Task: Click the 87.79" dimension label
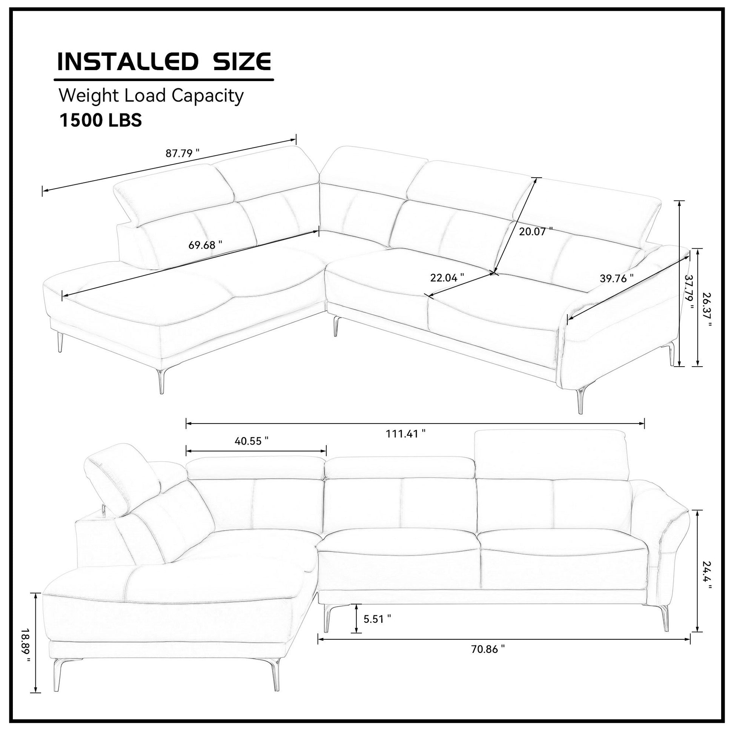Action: click(x=182, y=154)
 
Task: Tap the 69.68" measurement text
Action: click(x=205, y=245)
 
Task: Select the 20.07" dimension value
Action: click(x=536, y=231)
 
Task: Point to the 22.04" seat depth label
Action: click(x=447, y=277)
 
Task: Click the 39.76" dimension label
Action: click(x=617, y=278)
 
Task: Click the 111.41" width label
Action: click(x=406, y=433)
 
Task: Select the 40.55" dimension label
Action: click(x=252, y=441)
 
